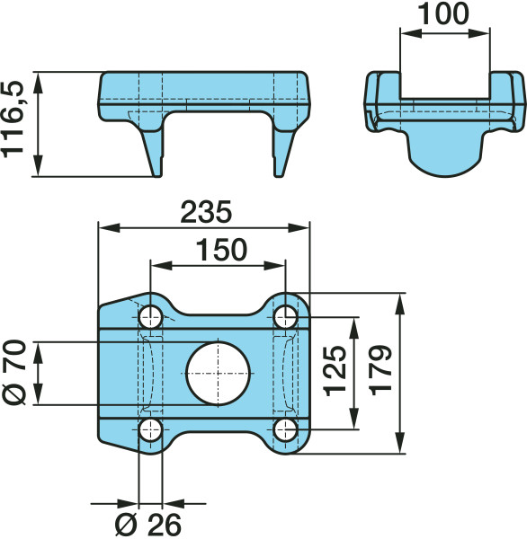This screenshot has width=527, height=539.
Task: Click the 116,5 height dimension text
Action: click(x=13, y=119)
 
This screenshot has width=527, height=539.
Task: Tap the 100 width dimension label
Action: click(x=443, y=13)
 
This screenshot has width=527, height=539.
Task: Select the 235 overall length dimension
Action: click(x=206, y=212)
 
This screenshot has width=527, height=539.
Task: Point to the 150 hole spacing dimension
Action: click(x=221, y=250)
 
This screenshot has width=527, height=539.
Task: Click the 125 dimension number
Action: click(x=335, y=371)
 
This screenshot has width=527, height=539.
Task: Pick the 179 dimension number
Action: click(x=380, y=370)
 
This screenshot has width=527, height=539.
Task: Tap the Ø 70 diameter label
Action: click(x=13, y=372)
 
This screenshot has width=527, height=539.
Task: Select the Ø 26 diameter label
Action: click(x=148, y=525)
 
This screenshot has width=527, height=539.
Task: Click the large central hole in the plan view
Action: click(x=218, y=374)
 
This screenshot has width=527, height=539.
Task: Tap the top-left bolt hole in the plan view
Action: click(x=150, y=316)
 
